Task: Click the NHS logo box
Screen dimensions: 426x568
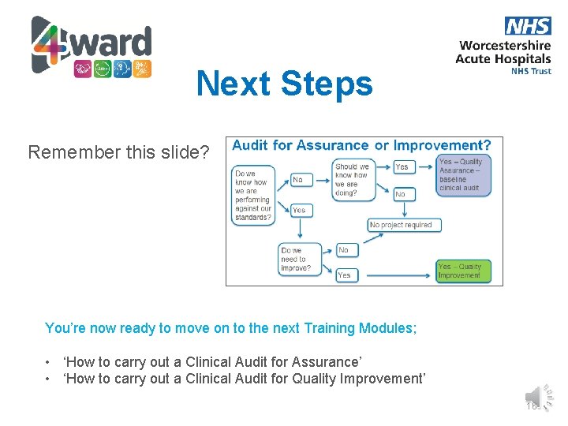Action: click(x=527, y=26)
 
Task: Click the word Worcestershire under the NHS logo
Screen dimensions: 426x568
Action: click(x=505, y=46)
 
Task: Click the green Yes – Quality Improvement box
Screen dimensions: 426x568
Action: click(x=463, y=271)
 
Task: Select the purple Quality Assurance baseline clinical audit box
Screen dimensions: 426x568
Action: click(x=463, y=174)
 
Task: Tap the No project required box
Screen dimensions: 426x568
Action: click(x=404, y=225)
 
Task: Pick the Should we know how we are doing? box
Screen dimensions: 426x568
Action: click(x=352, y=179)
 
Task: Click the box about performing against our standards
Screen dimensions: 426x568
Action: click(x=253, y=196)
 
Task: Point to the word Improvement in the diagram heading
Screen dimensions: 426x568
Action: click(x=442, y=145)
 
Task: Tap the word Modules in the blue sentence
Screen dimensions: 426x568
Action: click(x=387, y=328)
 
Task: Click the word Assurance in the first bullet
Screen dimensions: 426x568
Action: click(x=325, y=362)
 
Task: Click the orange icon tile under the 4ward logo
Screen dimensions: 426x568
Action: click(x=142, y=69)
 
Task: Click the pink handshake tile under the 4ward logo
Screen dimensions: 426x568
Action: click(x=83, y=69)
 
